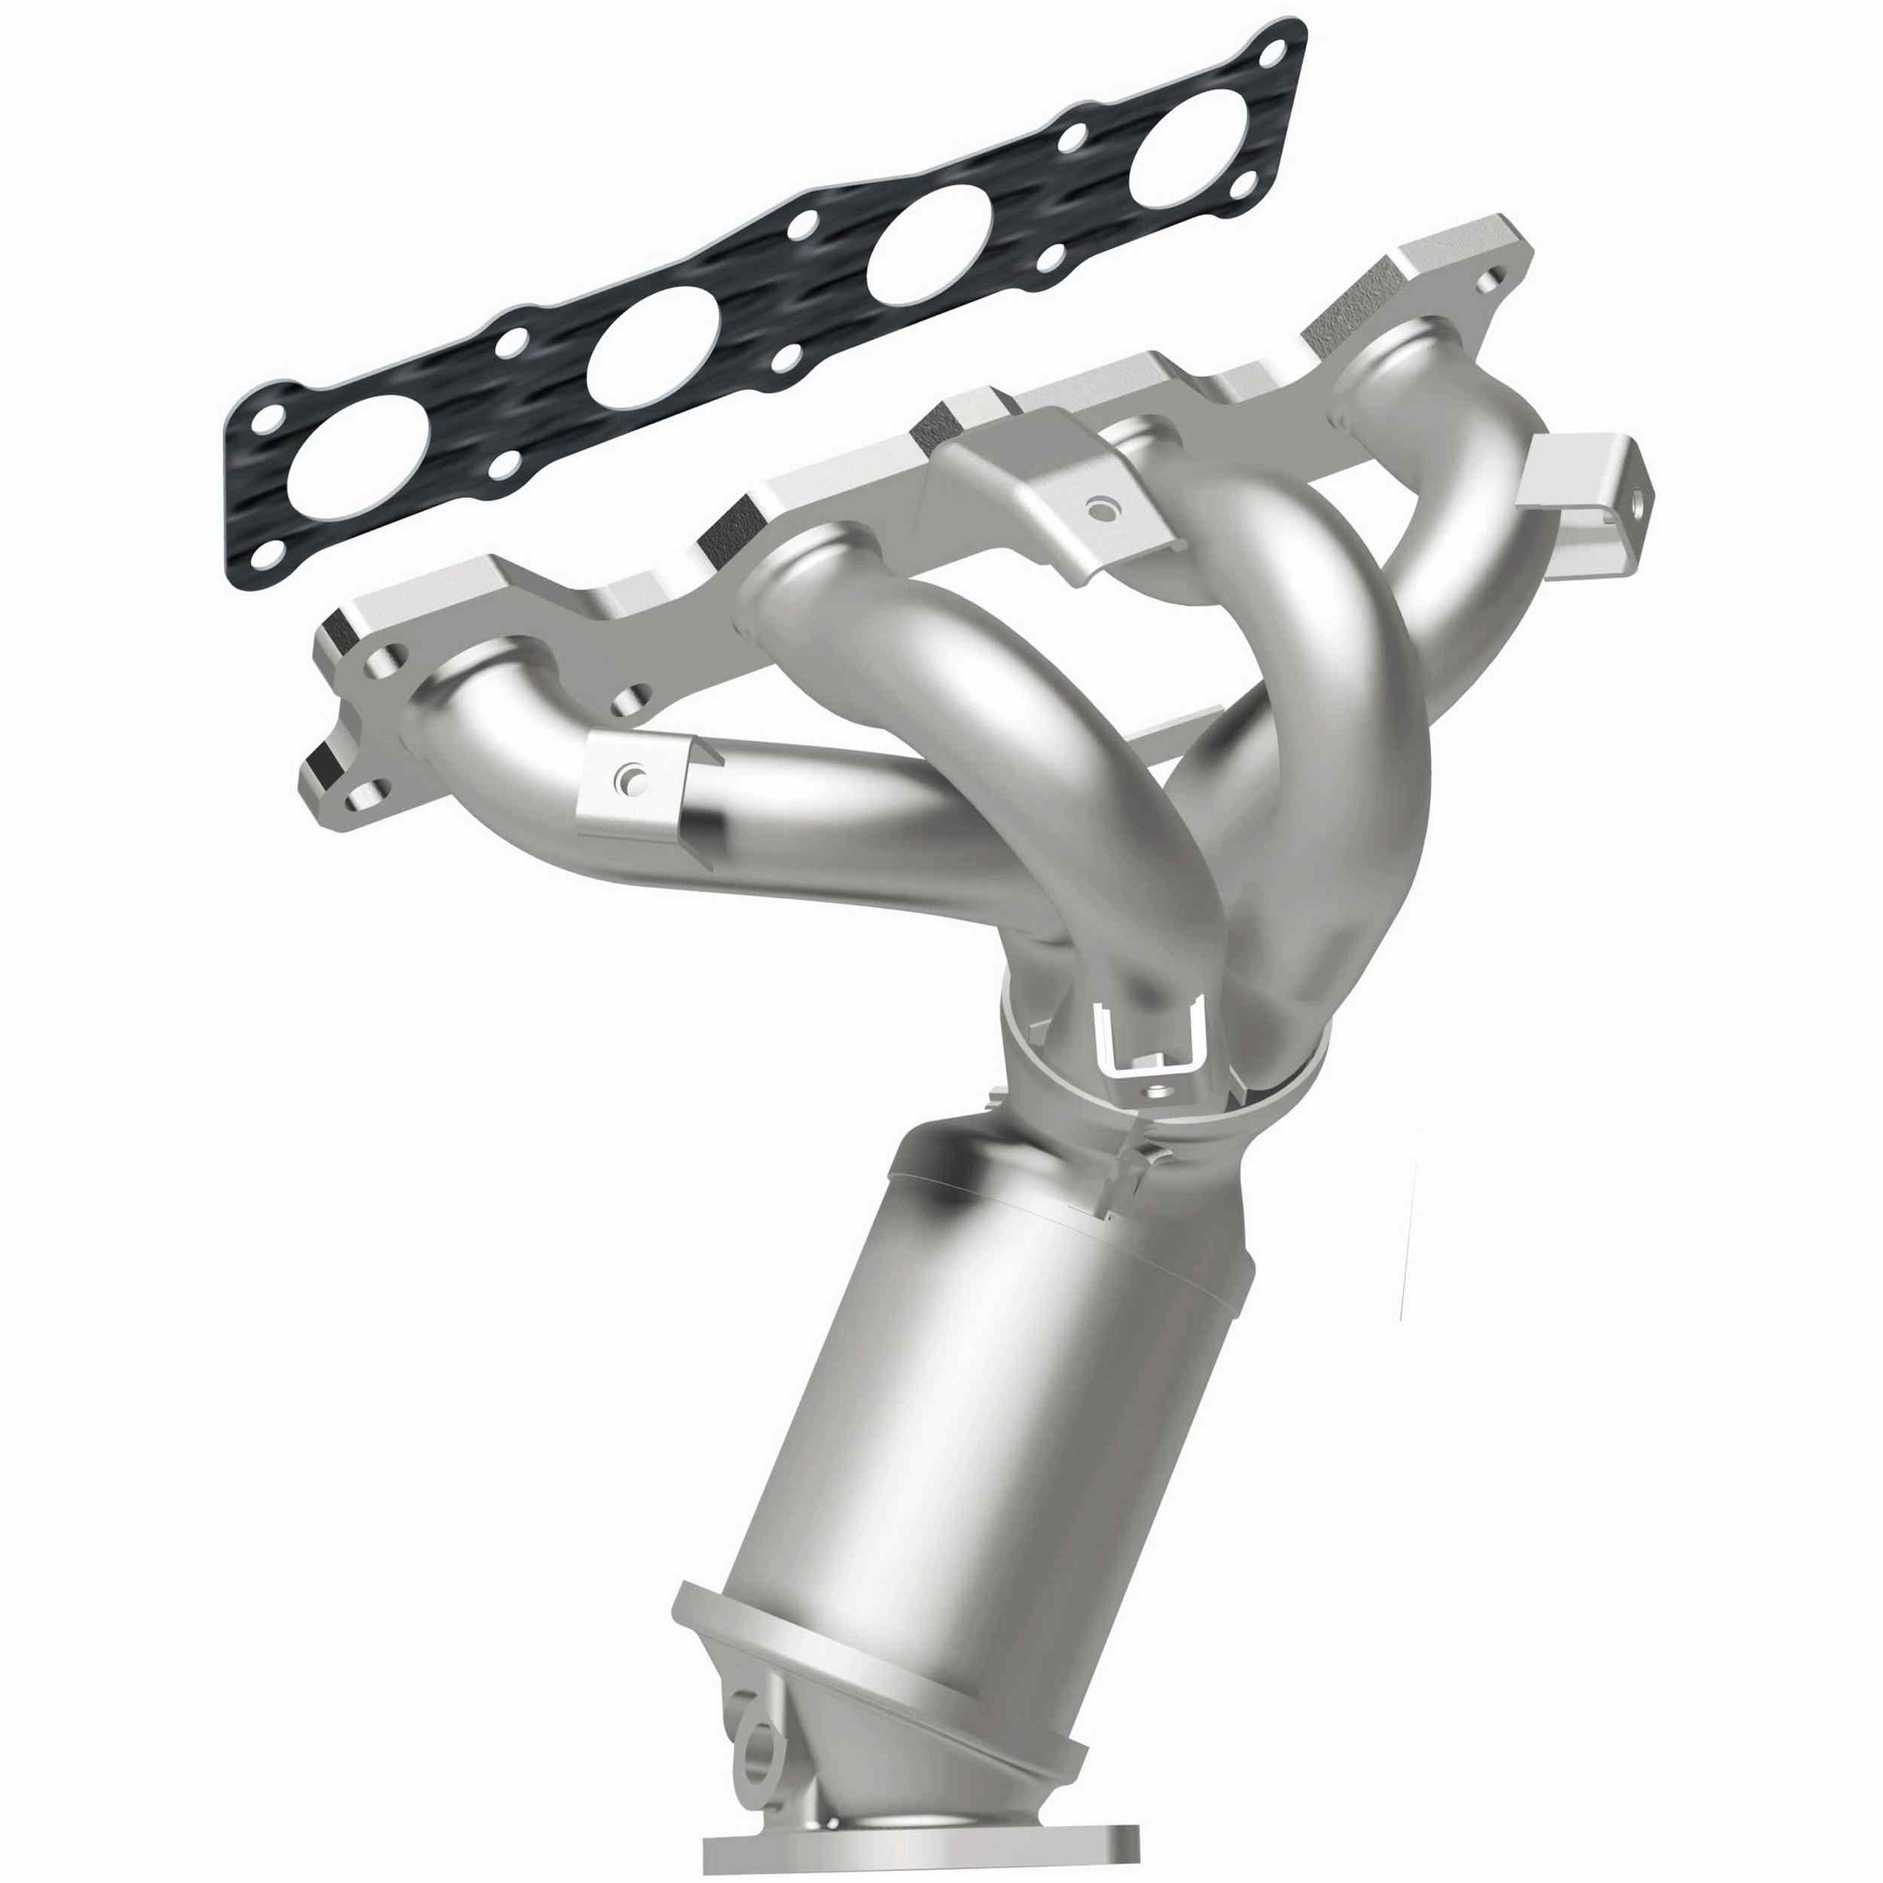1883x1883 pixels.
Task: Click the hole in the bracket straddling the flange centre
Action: coord(1100,508)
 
